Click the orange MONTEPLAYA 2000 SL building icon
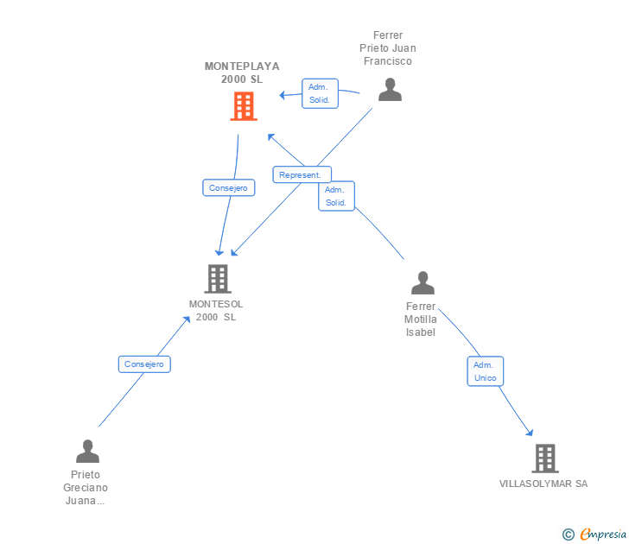(244, 106)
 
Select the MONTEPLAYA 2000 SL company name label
(242, 73)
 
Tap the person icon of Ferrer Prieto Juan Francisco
(390, 90)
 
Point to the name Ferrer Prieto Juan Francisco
(387, 48)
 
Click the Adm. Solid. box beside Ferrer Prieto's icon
(320, 93)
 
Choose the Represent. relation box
(302, 174)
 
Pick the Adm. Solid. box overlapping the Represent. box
(337, 196)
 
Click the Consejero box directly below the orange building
(229, 187)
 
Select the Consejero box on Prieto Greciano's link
(144, 364)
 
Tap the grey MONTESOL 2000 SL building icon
(218, 279)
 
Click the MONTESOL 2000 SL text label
(216, 310)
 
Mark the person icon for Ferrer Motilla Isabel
(423, 282)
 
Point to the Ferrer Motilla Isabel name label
(421, 319)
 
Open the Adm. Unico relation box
(486, 371)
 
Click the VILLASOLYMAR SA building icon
(545, 459)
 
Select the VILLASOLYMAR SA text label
(543, 484)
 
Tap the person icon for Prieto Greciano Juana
(87, 451)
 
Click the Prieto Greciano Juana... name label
(86, 488)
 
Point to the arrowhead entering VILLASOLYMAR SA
(530, 432)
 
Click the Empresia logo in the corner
(594, 534)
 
